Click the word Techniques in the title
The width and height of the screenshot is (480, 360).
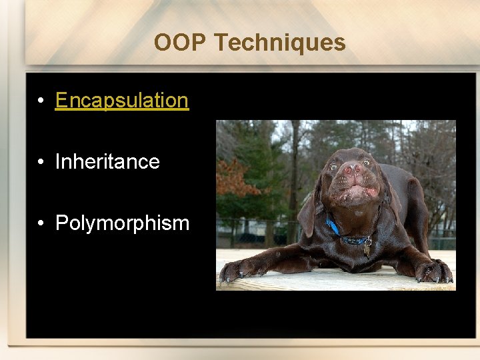(280, 43)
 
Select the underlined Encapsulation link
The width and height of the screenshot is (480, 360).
(122, 100)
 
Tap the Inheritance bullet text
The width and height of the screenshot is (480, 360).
(107, 161)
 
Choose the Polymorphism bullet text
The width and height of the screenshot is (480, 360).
(122, 223)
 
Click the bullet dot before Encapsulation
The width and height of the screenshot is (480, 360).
(41, 101)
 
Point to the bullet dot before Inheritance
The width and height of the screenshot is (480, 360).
(41, 162)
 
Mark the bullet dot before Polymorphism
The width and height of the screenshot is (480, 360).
(41, 223)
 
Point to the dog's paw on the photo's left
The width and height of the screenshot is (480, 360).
(233, 270)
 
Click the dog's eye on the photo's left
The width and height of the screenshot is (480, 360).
(333, 167)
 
